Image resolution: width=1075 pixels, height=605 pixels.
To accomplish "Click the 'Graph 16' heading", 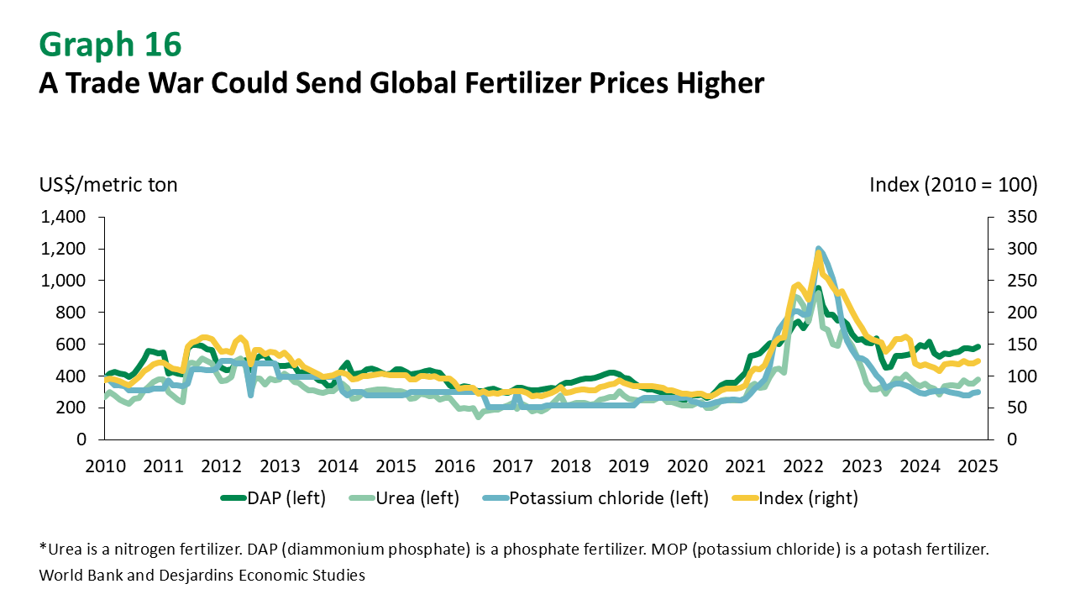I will [109, 45].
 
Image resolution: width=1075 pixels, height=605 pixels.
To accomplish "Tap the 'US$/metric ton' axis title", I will [107, 184].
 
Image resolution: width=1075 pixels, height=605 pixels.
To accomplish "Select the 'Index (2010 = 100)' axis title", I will [953, 184].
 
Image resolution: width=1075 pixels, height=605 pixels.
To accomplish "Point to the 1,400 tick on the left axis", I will [62, 217].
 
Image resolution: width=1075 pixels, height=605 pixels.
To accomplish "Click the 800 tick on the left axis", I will [71, 312].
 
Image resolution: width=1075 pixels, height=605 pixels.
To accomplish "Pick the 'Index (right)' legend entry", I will [807, 498].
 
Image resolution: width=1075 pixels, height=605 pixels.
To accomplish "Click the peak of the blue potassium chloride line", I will [818, 249].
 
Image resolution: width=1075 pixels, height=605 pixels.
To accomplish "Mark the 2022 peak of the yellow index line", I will [818, 255].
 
